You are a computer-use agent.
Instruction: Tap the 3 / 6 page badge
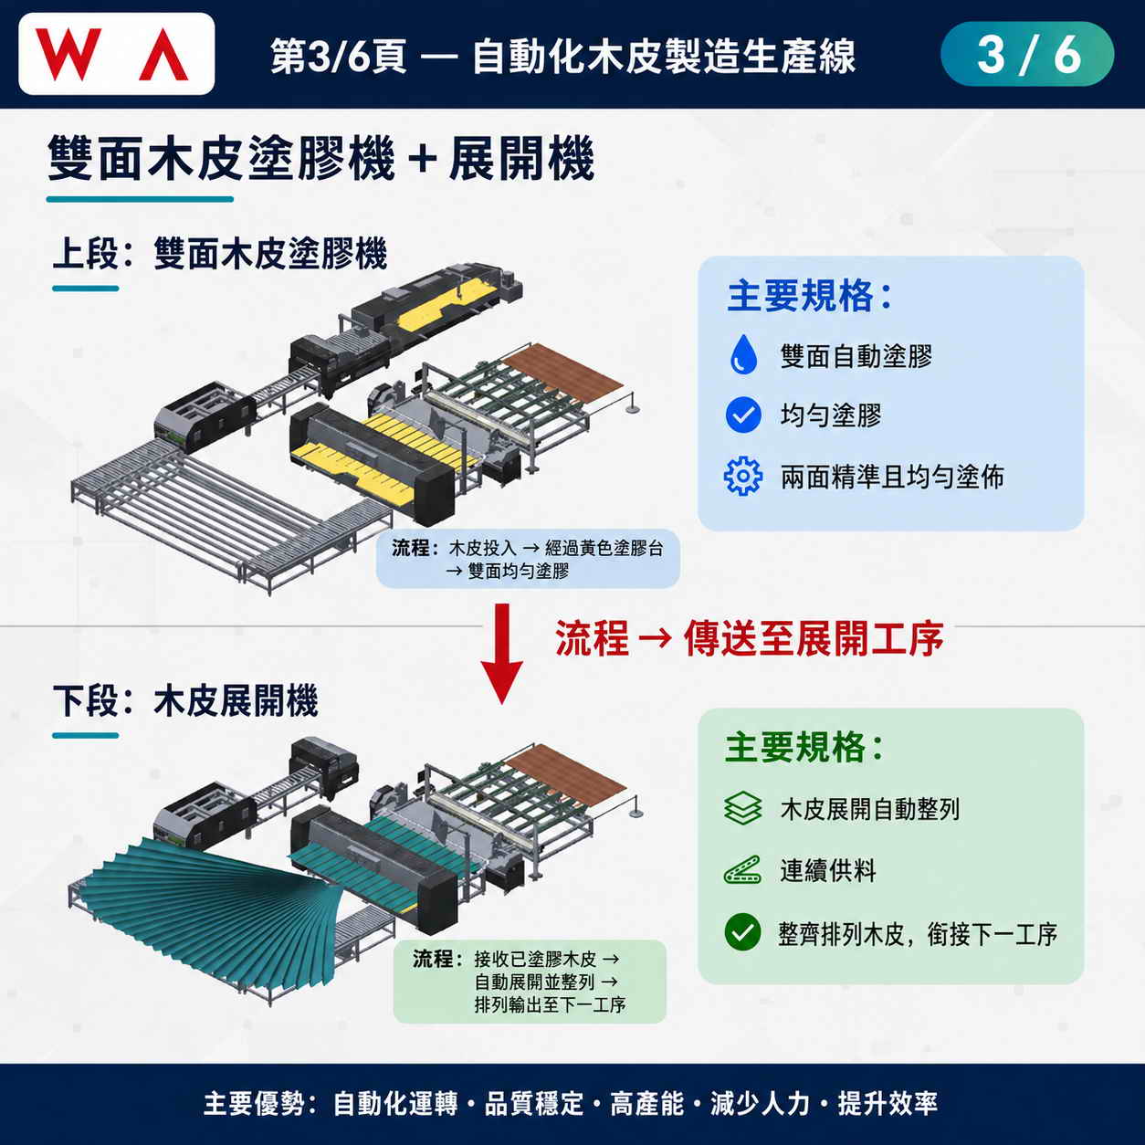(1027, 54)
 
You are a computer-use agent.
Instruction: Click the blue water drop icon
(742, 354)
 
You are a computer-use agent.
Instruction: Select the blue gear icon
(742, 476)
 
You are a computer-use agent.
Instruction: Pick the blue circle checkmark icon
(742, 415)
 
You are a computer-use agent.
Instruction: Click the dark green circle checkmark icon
(742, 932)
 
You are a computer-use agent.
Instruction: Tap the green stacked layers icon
(742, 808)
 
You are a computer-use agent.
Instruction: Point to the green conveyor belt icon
(742, 870)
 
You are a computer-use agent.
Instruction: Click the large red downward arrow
(502, 654)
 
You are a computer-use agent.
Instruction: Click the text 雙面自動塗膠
(856, 356)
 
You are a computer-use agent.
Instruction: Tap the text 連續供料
(828, 870)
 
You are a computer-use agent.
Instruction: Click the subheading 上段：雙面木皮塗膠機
(220, 253)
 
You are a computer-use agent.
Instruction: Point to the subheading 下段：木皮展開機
(185, 701)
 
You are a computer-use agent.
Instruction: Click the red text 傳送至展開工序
(814, 639)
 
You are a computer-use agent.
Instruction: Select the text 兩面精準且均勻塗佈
(892, 477)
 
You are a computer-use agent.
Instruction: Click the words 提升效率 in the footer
(888, 1103)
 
